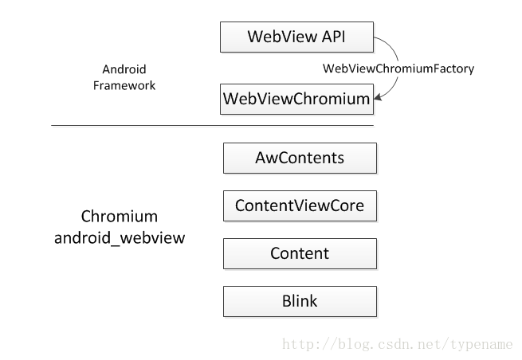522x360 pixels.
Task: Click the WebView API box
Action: pyautogui.click(x=296, y=37)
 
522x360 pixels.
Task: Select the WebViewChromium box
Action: pyautogui.click(x=296, y=99)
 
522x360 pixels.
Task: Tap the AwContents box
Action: pyautogui.click(x=300, y=158)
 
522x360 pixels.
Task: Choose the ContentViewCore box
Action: pyautogui.click(x=300, y=205)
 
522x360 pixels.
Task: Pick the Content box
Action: pyautogui.click(x=300, y=253)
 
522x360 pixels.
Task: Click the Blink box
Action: pyautogui.click(x=300, y=301)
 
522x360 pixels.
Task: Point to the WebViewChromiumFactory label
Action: pyautogui.click(x=398, y=68)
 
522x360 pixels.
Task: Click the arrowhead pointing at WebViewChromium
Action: pyautogui.click(x=378, y=97)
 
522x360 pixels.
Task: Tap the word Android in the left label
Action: pyautogui.click(x=124, y=69)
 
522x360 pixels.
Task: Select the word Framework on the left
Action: pyautogui.click(x=124, y=85)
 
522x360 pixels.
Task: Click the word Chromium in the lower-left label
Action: pyautogui.click(x=120, y=217)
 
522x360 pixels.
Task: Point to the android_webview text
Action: pyautogui.click(x=120, y=238)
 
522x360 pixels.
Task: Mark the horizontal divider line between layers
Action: pyautogui.click(x=213, y=125)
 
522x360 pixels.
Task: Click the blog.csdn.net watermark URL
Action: pyautogui.click(x=397, y=344)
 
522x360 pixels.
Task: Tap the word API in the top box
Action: pyautogui.click(x=333, y=37)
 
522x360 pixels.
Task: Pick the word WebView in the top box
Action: pyautogui.click(x=282, y=37)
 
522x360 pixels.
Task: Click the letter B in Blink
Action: pyautogui.click(x=287, y=301)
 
